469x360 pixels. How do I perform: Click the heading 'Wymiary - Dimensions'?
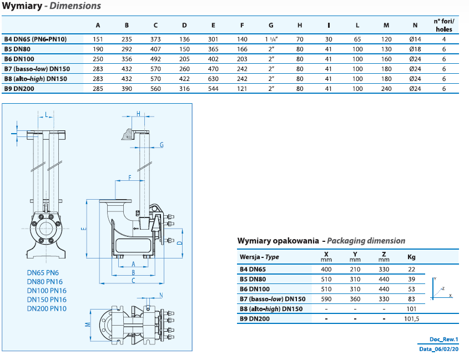pos(52,6)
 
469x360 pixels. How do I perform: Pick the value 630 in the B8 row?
pos(213,78)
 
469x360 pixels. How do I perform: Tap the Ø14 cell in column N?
pos(415,39)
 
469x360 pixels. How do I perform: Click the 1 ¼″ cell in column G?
pos(271,39)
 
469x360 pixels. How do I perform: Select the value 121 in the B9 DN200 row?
pos(242,88)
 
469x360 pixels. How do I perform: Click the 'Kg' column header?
pos(411,257)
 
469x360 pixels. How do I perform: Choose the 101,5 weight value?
pos(411,319)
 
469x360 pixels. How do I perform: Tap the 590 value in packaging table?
pos(326,299)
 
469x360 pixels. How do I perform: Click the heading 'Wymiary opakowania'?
pos(278,241)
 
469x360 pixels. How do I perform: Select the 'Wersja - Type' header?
pos(259,257)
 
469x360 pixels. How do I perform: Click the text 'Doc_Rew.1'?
pos(445,339)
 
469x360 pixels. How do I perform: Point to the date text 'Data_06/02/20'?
pos(439,349)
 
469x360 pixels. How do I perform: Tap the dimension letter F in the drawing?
pos(130,178)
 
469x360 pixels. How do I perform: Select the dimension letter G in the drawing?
pos(161,145)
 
